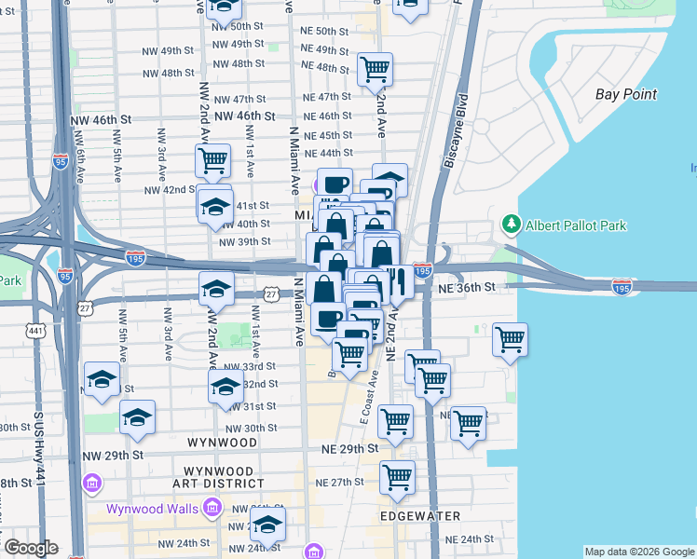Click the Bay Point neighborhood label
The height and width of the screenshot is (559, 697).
[626, 94]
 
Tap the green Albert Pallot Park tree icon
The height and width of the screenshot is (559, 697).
[511, 225]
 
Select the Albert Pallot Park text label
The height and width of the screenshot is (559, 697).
[575, 225]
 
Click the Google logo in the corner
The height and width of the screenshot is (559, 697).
[30, 548]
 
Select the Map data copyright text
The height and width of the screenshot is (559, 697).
[638, 552]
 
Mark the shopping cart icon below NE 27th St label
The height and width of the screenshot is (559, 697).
[398, 477]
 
